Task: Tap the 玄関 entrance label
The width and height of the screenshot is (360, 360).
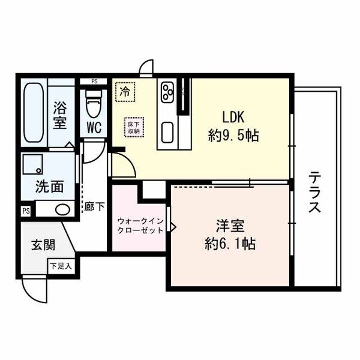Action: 43,245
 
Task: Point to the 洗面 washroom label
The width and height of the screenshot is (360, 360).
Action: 49,186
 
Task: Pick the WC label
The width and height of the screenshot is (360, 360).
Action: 93,128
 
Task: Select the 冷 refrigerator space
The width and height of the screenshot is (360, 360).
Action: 125,92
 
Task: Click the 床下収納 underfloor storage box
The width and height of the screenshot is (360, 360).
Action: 133,127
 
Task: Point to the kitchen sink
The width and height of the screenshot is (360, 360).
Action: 167,130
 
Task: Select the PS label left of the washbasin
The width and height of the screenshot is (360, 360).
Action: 26,211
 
